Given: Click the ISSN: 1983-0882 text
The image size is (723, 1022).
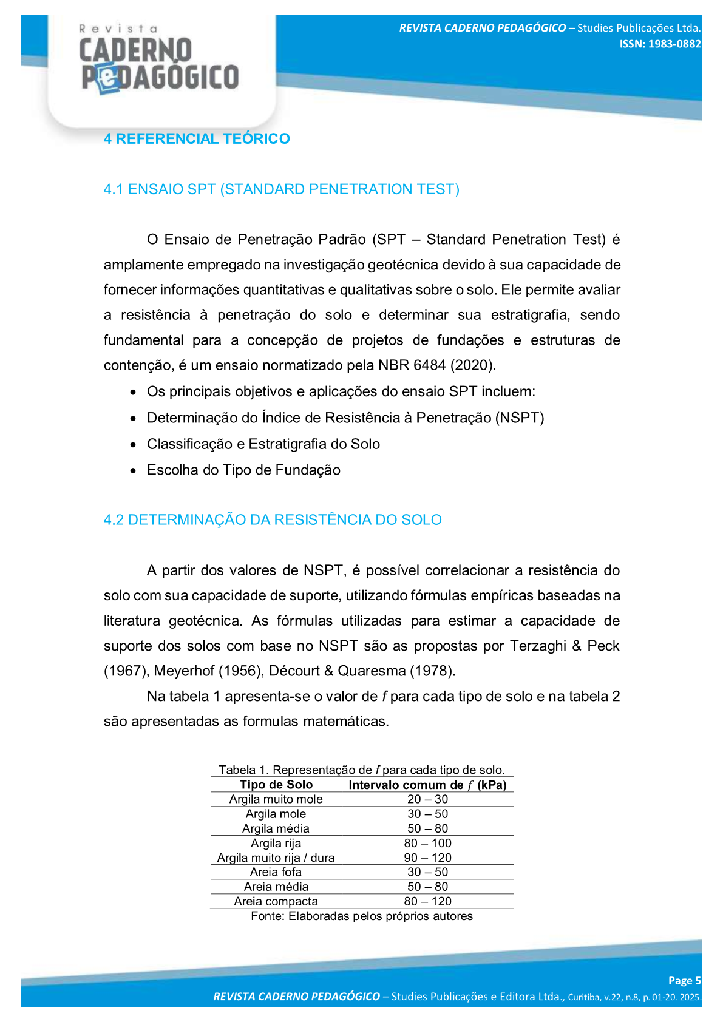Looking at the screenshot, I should [x=660, y=44].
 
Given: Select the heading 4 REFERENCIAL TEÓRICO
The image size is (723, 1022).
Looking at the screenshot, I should [x=197, y=139].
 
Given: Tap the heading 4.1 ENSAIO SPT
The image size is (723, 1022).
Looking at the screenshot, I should [x=281, y=189].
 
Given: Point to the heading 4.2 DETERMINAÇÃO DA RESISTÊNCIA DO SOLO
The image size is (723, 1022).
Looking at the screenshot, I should [x=273, y=520].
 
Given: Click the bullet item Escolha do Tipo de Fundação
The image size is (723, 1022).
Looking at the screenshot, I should [x=243, y=470].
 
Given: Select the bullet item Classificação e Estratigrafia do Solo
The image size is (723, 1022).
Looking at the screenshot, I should [x=263, y=444].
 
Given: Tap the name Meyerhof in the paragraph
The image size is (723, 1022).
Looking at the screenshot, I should [x=184, y=671].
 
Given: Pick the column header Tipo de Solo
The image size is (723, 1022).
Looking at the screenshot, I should [x=276, y=785].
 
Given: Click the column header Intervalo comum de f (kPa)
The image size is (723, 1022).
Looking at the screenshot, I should [x=427, y=785].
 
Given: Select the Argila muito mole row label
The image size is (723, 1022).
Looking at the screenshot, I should [x=276, y=799].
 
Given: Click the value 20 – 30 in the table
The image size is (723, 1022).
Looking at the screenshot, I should [x=427, y=799].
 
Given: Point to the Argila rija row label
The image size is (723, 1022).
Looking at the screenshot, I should [x=276, y=843].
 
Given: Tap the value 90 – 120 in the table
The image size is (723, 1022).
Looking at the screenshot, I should [x=427, y=858].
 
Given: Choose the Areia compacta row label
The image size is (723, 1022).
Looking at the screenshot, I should [x=276, y=901].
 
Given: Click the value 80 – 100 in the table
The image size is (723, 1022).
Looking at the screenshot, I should [x=427, y=843].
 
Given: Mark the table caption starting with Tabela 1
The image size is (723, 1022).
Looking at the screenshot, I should [x=362, y=770].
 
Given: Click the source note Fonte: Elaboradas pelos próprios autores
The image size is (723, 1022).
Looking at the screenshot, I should [x=362, y=916].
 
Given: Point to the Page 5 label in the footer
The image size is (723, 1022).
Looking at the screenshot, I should [x=684, y=981].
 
